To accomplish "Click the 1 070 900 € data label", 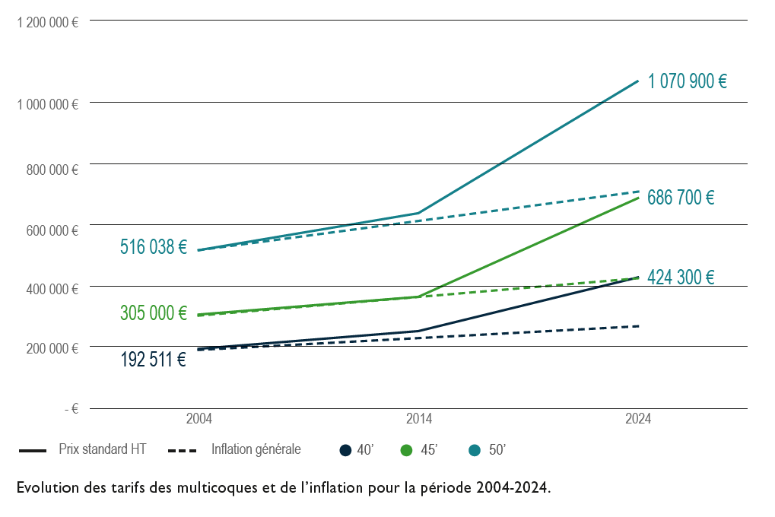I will click(x=687, y=81).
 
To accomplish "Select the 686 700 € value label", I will click(x=680, y=198).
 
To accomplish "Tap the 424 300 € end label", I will click(x=680, y=278).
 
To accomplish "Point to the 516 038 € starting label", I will click(x=153, y=247).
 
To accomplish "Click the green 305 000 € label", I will click(x=153, y=313).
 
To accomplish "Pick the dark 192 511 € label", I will click(x=153, y=360).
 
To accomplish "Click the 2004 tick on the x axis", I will click(x=199, y=419).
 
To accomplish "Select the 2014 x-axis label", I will click(x=419, y=419).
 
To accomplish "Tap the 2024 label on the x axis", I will click(x=638, y=419).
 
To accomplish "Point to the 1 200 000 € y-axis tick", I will click(x=48, y=22).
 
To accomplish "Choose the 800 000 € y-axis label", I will click(x=52, y=170).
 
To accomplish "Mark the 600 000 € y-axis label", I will click(x=52, y=230).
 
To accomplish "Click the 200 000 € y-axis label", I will click(x=52, y=348).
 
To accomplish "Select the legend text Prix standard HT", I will click(x=102, y=449).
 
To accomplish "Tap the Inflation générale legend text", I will click(x=256, y=449).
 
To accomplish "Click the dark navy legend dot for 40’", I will click(x=345, y=450).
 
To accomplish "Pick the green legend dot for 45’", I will click(x=407, y=450).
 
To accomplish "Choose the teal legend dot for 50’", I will click(x=475, y=450).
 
